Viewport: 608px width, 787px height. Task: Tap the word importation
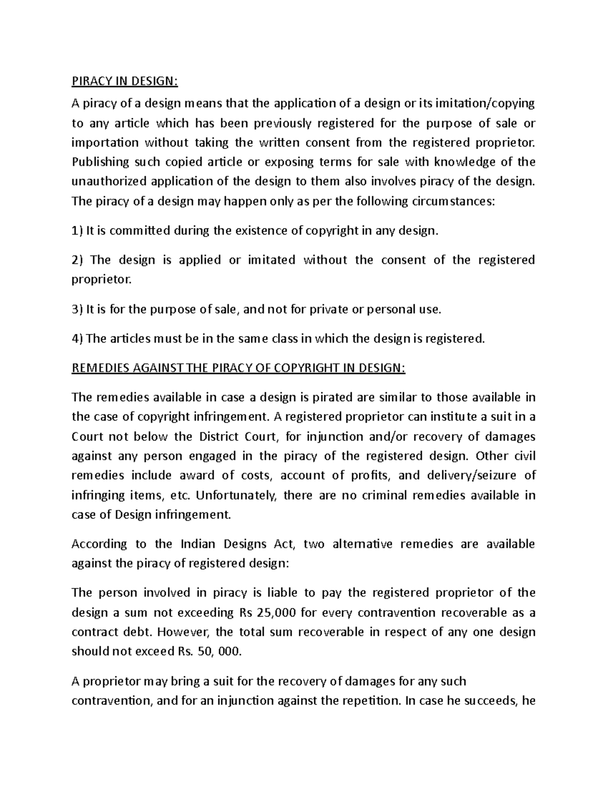105,142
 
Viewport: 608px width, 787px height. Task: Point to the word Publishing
101,162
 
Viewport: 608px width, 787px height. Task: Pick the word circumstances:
443,201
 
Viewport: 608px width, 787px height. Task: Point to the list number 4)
77,339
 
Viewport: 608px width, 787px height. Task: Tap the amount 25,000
276,613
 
